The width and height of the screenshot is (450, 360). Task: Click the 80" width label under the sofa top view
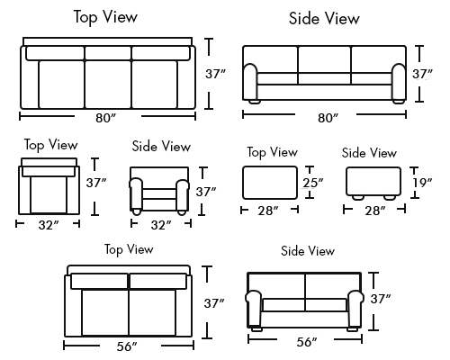tap(105, 118)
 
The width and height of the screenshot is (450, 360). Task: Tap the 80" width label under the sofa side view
tap(328, 118)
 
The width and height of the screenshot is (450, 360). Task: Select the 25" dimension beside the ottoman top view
tap(313, 183)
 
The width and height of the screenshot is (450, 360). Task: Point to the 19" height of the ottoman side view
tap(422, 183)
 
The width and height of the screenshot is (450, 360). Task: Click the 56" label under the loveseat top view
tap(127, 346)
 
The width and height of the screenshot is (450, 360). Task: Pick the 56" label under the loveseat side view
tap(307, 342)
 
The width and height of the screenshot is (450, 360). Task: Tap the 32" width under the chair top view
tap(49, 225)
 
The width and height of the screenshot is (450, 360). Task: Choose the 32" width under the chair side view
tap(161, 225)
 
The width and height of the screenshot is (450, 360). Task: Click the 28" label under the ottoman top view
tap(268, 211)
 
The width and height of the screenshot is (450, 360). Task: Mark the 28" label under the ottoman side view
tap(375, 211)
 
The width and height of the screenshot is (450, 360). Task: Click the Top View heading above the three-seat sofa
tap(105, 17)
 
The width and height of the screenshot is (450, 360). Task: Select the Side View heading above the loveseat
tap(308, 251)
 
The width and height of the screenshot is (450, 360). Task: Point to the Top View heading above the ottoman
tap(272, 152)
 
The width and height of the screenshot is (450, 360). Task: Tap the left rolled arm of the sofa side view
tap(250, 82)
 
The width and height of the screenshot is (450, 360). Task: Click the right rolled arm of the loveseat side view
tap(355, 309)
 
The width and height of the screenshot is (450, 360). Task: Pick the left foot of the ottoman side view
tap(358, 198)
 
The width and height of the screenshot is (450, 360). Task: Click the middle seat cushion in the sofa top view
tap(108, 85)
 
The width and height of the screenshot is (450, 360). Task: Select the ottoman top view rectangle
tap(270, 183)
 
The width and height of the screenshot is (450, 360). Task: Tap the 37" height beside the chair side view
tap(206, 192)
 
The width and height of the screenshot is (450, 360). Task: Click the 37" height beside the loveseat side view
tap(381, 299)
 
